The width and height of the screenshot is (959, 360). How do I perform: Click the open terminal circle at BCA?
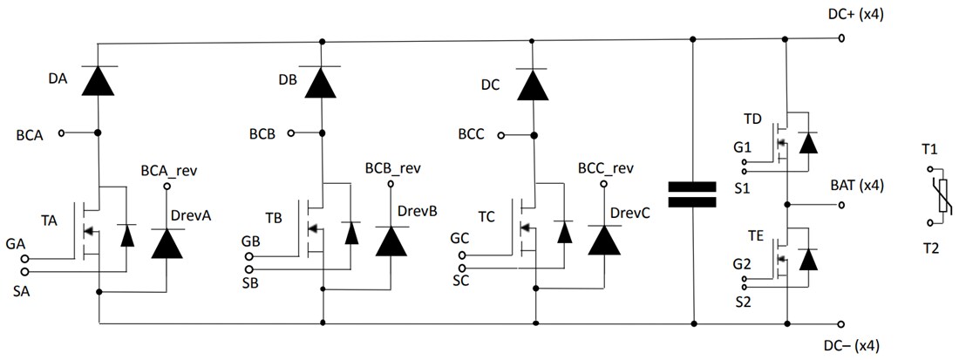click(x=62, y=132)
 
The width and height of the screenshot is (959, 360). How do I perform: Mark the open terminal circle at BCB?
click(x=292, y=133)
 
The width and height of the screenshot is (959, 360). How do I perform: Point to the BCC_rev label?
click(x=605, y=167)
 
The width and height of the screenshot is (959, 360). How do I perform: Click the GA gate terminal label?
click(x=15, y=242)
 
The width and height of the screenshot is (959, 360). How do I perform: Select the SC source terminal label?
click(x=461, y=281)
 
